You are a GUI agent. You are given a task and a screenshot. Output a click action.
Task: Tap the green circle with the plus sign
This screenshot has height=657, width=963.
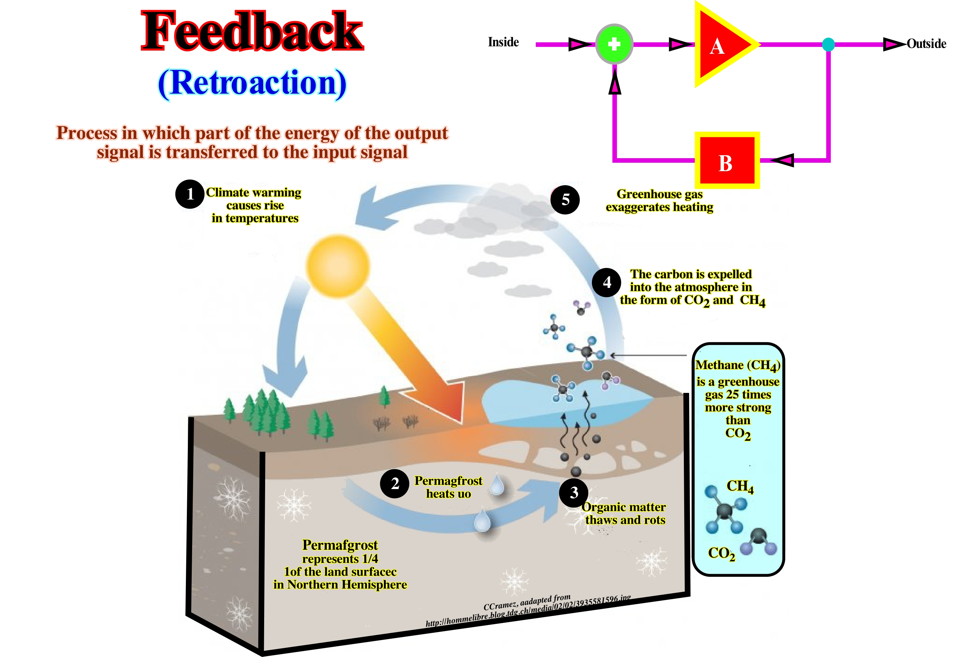614,44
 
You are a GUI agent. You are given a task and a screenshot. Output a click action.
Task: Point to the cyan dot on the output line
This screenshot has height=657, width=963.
828,44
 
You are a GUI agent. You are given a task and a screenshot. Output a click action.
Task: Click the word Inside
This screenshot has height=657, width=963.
503,42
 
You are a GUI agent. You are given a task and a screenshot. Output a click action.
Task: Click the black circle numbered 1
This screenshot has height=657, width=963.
190,194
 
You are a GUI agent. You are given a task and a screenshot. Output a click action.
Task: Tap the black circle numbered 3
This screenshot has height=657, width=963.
574,493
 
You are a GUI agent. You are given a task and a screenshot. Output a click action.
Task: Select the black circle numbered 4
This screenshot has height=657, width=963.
607,282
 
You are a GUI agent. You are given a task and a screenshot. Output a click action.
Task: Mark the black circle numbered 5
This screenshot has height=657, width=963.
565,200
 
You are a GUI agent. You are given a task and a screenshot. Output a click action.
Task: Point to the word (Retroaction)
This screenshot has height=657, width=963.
252,83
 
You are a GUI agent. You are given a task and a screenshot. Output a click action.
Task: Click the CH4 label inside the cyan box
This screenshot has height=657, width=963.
740,486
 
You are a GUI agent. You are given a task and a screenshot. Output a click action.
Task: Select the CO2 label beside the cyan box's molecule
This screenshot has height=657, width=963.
721,553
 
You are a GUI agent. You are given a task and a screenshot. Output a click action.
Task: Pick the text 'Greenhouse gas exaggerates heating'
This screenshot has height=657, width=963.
659,201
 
